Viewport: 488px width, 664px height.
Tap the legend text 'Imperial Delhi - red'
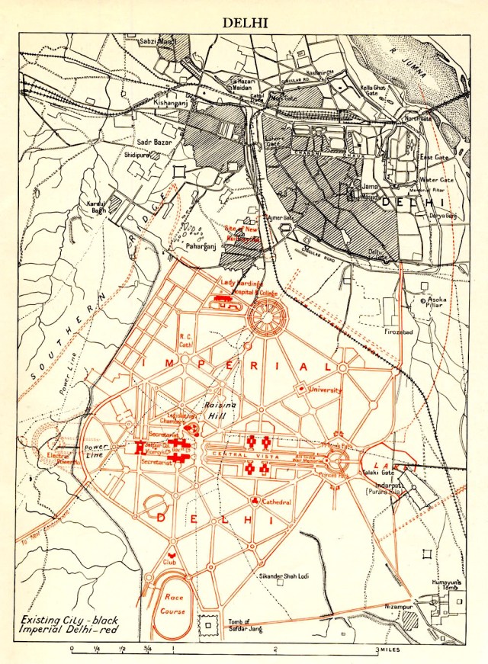(70, 630)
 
